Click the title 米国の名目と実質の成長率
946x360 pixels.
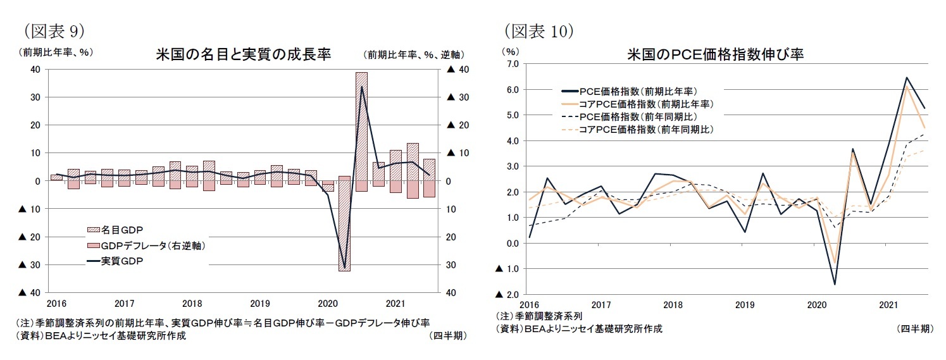pyautogui.click(x=243, y=54)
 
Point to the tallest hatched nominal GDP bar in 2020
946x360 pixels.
pyautogui.click(x=361, y=127)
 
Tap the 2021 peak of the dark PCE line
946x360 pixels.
pyautogui.click(x=907, y=78)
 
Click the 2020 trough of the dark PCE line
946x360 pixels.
pyautogui.click(x=835, y=284)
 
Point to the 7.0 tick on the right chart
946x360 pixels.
pyautogui.click(x=511, y=64)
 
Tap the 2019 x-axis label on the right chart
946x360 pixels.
pyautogui.click(x=745, y=304)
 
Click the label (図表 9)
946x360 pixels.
pyautogui.click(x=53, y=30)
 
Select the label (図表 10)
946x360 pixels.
pyautogui.click(x=538, y=30)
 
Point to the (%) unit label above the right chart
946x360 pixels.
pyautogui.click(x=509, y=51)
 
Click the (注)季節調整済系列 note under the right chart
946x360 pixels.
pyautogui.click(x=538, y=316)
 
